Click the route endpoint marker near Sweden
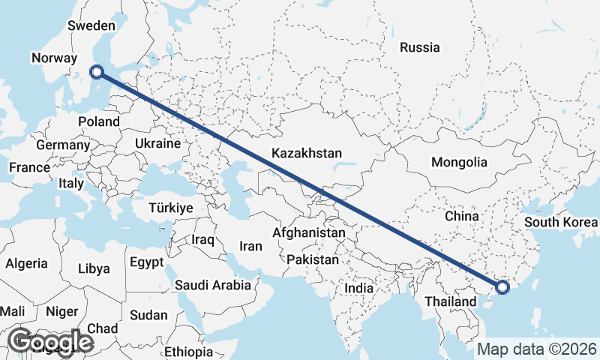tap(96, 72)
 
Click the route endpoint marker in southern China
tap(502, 286)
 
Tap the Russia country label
tap(419, 47)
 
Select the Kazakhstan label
tap(307, 153)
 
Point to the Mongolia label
tap(459, 162)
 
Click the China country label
tap(461, 216)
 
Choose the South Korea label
tap(561, 222)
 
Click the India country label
tap(358, 288)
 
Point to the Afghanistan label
tap(309, 233)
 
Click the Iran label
tap(250, 246)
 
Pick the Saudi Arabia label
tap(213, 285)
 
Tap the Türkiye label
tap(171, 208)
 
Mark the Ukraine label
tap(157, 143)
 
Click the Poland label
tap(98, 121)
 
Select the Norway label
tap(54, 58)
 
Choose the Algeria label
tap(26, 264)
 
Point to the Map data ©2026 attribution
tap(538, 349)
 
